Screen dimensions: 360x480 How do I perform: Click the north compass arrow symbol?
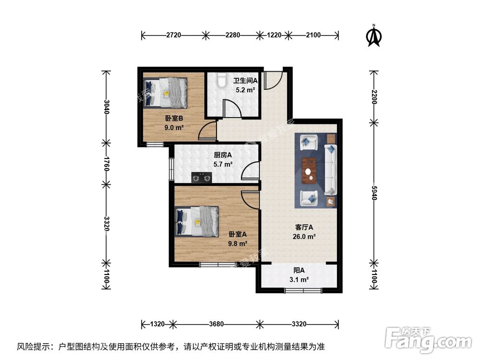point(374,36)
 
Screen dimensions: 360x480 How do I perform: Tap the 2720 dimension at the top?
point(174,35)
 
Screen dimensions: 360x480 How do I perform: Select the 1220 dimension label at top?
point(274,35)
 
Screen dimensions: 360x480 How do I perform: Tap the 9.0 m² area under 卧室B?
point(174,127)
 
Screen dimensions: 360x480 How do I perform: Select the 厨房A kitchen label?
point(223,155)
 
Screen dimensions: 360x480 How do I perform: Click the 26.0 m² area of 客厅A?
point(305,236)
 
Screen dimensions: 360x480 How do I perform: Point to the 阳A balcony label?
point(298,271)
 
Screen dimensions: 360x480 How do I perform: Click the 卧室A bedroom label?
point(238,234)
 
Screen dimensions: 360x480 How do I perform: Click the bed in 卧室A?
point(197,221)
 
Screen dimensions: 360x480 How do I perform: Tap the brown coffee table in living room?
point(310,170)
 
